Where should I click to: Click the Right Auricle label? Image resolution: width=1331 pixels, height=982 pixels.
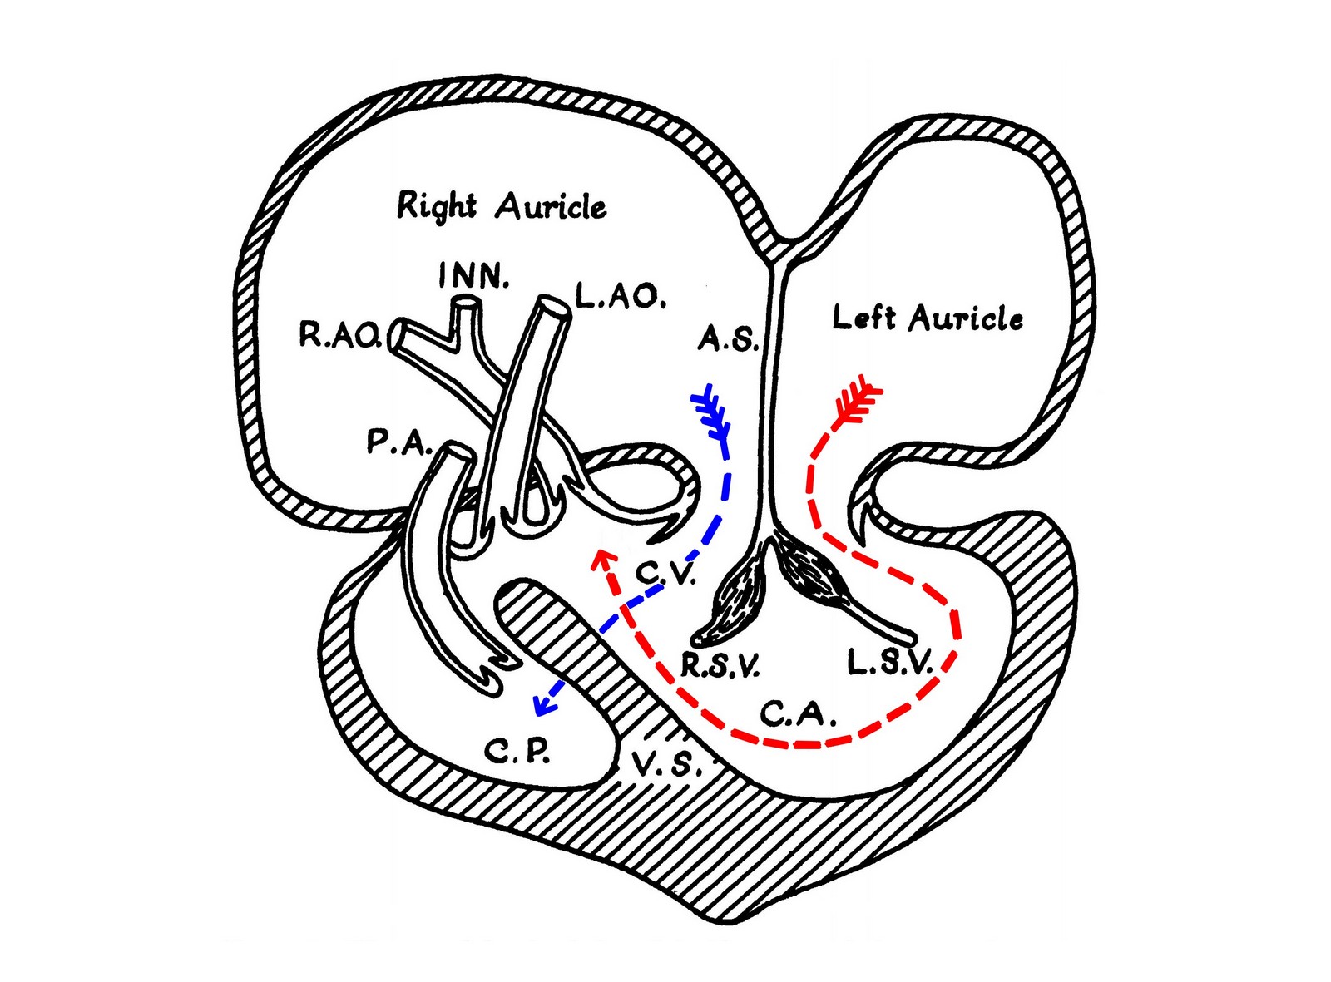tap(502, 205)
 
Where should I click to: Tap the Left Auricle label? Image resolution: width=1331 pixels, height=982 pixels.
tap(927, 318)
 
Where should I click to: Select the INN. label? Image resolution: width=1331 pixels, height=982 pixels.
tap(473, 275)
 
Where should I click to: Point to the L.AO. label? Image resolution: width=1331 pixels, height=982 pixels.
tap(621, 297)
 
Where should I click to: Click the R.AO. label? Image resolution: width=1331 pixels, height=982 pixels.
tap(340, 335)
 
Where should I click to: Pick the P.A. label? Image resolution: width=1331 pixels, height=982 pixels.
tap(398, 442)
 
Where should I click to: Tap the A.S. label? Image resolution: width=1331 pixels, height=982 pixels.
tap(728, 338)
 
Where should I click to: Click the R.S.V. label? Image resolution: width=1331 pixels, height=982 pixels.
tap(720, 665)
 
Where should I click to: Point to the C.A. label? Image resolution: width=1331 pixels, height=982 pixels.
tap(798, 713)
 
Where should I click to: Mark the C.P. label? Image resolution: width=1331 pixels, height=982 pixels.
tap(517, 752)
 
